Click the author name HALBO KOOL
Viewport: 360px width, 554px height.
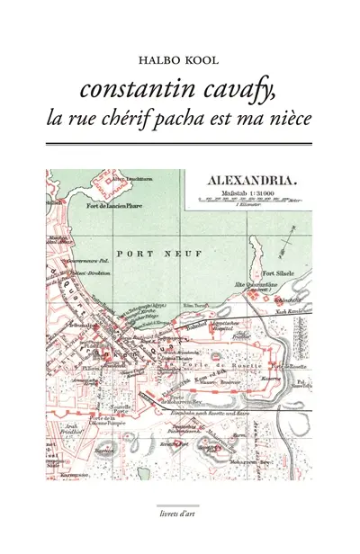pyautogui.click(x=179, y=61)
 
